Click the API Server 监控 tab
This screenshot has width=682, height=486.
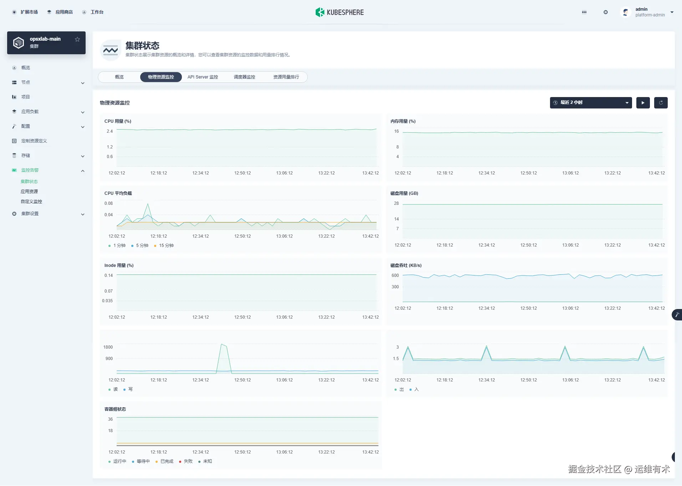[203, 77]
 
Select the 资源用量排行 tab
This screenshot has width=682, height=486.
[286, 77]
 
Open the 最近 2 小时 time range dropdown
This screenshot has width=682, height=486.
[591, 103]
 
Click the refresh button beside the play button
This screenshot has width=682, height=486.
[661, 103]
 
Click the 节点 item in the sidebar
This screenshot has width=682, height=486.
[26, 82]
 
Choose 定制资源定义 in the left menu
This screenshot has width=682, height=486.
[34, 141]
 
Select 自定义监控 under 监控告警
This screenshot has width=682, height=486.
[31, 202]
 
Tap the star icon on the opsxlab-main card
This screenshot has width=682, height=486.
[77, 39]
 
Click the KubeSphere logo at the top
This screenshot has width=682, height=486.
[340, 12]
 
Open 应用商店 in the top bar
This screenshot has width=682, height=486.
[64, 12]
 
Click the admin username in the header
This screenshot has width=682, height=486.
[641, 9]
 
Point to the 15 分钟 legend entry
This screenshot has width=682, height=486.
[166, 245]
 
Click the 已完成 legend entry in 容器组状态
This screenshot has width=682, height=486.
[167, 461]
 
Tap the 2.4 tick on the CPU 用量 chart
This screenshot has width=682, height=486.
[110, 131]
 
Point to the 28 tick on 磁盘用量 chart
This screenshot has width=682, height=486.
[396, 203]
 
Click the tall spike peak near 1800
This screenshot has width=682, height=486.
[222, 344]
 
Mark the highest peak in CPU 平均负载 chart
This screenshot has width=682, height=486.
[148, 204]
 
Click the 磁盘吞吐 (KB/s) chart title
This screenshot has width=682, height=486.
[406, 265]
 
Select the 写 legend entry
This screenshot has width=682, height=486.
[130, 389]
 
